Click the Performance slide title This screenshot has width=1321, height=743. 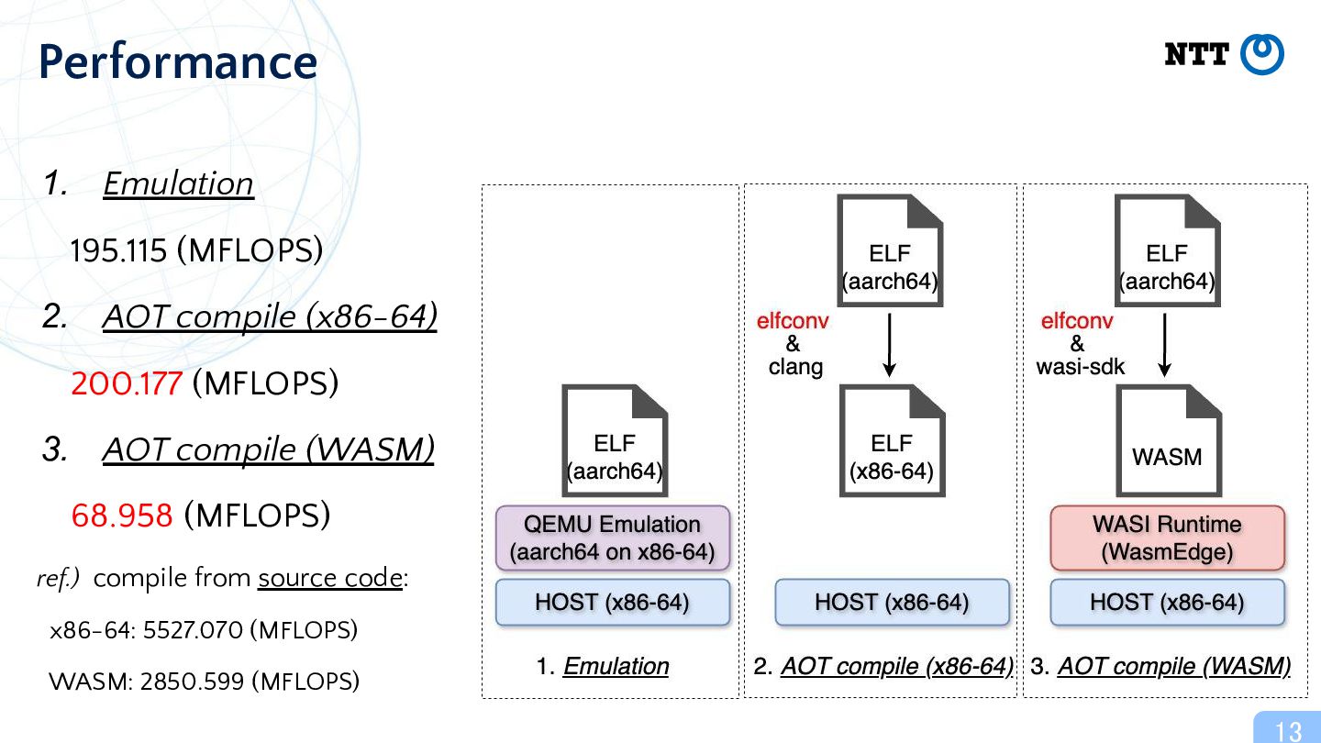tap(178, 62)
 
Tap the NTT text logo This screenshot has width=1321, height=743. tap(1196, 54)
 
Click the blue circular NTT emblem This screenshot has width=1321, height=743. tap(1262, 54)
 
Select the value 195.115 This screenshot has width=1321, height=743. tap(118, 250)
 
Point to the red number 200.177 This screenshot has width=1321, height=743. tap(127, 383)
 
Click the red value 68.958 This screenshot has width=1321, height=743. tap(122, 516)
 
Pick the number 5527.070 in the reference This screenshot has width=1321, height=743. tap(193, 630)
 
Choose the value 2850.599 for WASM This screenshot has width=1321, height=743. tap(193, 682)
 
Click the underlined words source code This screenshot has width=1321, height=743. tap(330, 578)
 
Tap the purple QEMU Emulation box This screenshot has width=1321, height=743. tap(613, 538)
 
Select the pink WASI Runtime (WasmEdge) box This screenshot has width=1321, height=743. tap(1167, 538)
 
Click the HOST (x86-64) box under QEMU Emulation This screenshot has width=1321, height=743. tap(613, 602)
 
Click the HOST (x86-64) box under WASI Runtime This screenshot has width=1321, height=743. tap(1167, 602)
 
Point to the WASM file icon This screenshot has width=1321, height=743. tap(1169, 440)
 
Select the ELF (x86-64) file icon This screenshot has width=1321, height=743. tap(893, 440)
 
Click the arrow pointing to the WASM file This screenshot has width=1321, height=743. tap(1165, 345)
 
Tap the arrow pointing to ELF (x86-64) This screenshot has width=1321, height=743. tap(889, 345)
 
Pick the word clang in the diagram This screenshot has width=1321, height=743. tap(795, 367)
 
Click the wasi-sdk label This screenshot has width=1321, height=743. tap(1081, 367)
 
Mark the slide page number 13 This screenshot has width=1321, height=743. tap(1289, 731)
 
